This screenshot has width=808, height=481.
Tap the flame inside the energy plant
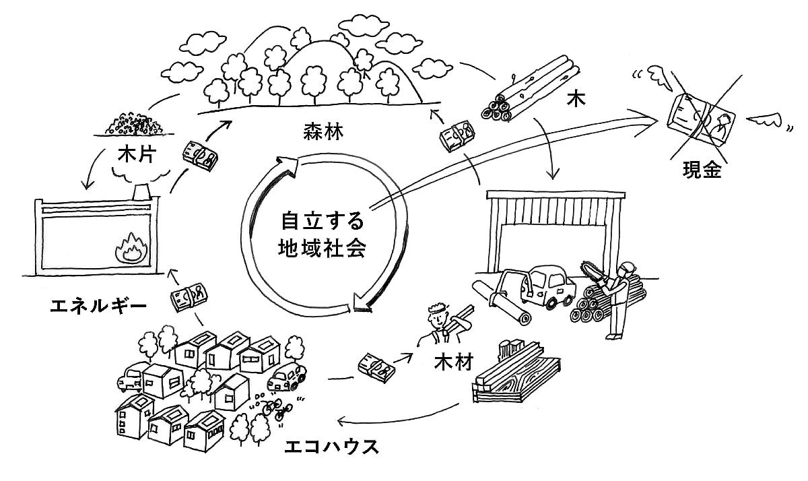[128, 251]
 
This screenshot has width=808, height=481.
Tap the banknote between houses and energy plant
[187, 297]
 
